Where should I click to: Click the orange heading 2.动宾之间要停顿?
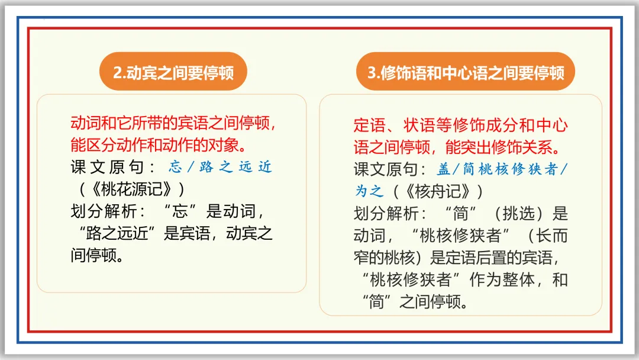[173, 73]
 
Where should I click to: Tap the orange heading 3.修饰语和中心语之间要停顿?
[466, 73]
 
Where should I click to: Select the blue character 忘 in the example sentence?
[175, 167]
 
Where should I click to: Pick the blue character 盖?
[443, 169]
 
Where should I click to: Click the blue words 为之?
[369, 191]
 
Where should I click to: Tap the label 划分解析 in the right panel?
[387, 213]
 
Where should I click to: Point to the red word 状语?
[419, 126]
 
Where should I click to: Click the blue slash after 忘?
[191, 167]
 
